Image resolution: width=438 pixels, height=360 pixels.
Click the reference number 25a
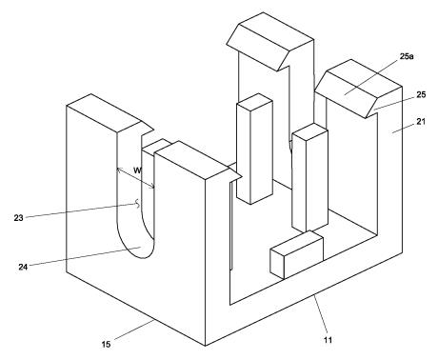coord(407,57)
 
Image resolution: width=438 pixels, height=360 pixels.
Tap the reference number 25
coord(421,94)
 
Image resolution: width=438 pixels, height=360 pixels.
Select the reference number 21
coord(421,121)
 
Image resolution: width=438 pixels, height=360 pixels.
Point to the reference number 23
coord(18,218)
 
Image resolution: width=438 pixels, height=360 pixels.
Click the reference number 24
coord(23,267)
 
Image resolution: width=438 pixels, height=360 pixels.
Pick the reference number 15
coord(106,344)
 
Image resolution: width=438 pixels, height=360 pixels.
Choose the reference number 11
coord(328,340)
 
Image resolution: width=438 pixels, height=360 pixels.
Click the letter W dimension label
coord(137,170)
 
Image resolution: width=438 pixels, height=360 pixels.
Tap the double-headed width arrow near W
coord(136,178)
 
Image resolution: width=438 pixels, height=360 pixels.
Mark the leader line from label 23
coord(82,211)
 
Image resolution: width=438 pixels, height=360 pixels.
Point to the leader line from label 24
coord(85,256)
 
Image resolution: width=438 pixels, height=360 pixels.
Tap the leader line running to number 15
coord(134,330)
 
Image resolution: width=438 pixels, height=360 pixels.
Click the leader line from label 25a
coord(372,77)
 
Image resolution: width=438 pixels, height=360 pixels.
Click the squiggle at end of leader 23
coord(137,204)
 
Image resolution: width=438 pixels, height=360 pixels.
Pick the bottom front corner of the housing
coord(206,346)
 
